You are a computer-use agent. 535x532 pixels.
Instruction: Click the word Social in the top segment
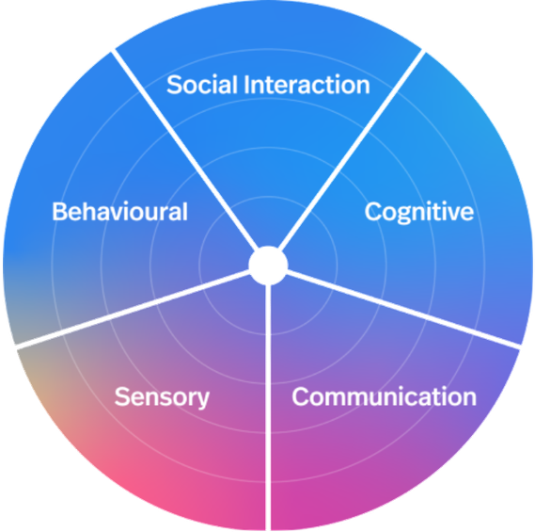(202, 85)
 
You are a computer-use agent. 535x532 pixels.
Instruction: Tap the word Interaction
(307, 85)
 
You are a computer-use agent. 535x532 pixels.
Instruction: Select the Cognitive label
(419, 213)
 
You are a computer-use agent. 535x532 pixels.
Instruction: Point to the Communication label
(385, 396)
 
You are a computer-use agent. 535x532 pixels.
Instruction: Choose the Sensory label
(162, 397)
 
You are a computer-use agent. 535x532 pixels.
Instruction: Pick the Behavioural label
(119, 212)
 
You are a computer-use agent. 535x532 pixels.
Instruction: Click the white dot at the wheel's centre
(268, 266)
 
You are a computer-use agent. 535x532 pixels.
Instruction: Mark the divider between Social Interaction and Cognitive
(352, 150)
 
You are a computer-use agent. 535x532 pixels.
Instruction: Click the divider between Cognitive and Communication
(403, 310)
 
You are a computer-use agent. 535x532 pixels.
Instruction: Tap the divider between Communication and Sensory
(268, 408)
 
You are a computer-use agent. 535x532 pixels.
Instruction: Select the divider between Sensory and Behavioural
(134, 310)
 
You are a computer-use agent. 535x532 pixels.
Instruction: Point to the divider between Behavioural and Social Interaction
(184, 150)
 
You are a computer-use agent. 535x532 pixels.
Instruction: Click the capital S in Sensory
(122, 396)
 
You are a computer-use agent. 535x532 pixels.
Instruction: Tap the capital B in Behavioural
(60, 212)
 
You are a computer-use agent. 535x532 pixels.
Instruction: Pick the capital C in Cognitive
(374, 212)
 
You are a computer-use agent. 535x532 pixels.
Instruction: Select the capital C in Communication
(301, 396)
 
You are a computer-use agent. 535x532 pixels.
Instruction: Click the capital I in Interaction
(246, 85)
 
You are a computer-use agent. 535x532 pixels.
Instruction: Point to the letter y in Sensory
(202, 400)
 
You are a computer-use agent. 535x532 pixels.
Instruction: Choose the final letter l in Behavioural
(185, 212)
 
